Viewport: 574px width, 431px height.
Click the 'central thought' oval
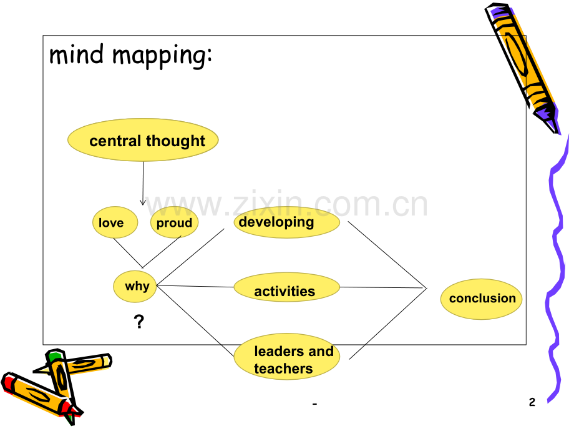[143, 140]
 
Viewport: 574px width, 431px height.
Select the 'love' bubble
[115, 222]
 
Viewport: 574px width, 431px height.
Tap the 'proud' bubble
[174, 222]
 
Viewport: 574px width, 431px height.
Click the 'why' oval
[135, 286]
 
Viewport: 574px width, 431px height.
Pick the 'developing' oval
[287, 222]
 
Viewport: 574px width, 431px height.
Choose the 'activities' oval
[287, 287]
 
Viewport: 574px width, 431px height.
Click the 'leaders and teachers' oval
[287, 357]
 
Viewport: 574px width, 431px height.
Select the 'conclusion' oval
[482, 299]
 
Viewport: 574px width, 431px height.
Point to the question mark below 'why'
[139, 322]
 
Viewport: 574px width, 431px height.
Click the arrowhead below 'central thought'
[143, 202]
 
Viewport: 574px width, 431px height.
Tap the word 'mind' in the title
[77, 54]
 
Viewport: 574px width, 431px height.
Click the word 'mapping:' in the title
[162, 56]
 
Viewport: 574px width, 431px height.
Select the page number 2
[532, 402]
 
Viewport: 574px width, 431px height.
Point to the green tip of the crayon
[54, 355]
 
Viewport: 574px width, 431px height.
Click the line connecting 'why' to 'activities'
[195, 286]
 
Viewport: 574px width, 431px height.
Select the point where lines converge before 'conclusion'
[427, 288]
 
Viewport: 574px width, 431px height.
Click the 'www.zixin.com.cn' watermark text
[286, 204]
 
